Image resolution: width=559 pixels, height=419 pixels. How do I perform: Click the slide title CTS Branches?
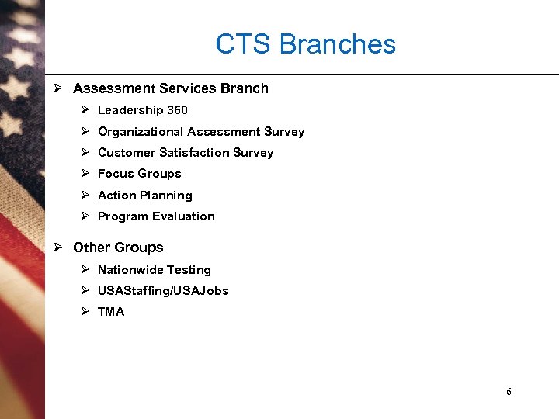point(305,44)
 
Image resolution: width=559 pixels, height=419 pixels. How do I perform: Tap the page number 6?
point(509,392)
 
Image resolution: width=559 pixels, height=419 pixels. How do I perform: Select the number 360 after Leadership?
point(177,110)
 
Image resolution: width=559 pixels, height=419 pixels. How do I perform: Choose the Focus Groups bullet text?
point(139,174)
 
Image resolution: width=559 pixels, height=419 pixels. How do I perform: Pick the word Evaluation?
point(184,216)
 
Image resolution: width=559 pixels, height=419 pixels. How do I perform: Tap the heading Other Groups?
point(118,248)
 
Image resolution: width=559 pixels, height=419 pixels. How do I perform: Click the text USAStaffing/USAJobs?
point(163,291)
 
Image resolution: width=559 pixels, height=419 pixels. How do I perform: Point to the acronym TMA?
point(111,312)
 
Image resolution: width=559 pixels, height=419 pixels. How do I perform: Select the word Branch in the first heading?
point(244,88)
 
